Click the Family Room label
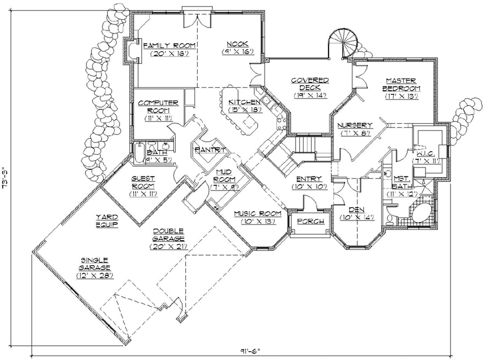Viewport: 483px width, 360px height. [x=169, y=45]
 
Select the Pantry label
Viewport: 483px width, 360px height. [x=211, y=149]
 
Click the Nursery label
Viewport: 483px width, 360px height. [x=354, y=125]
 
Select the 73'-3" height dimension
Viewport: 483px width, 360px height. [x=6, y=180]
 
